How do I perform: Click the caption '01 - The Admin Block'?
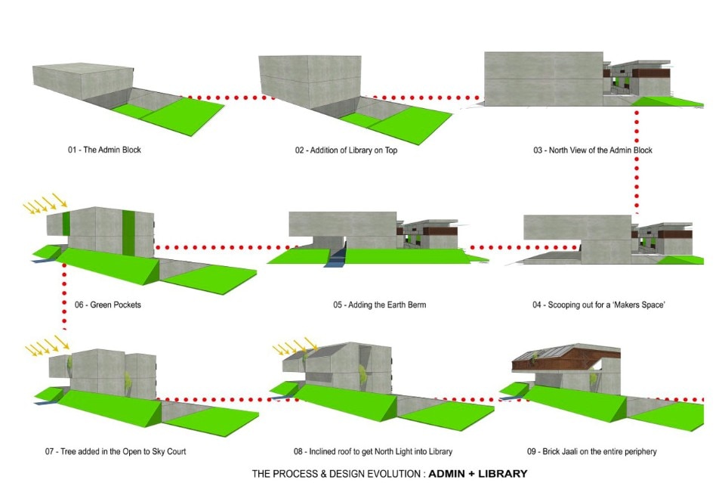click(104, 150)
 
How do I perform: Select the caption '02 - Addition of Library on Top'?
click(346, 150)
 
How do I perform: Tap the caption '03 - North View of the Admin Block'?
click(593, 150)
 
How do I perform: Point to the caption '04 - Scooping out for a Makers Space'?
click(598, 305)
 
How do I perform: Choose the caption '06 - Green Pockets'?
click(108, 305)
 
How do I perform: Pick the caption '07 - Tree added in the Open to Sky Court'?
click(115, 451)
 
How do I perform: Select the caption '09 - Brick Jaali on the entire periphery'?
click(592, 451)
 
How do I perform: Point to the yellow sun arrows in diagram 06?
click(45, 203)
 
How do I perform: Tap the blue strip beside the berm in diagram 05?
click(335, 257)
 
